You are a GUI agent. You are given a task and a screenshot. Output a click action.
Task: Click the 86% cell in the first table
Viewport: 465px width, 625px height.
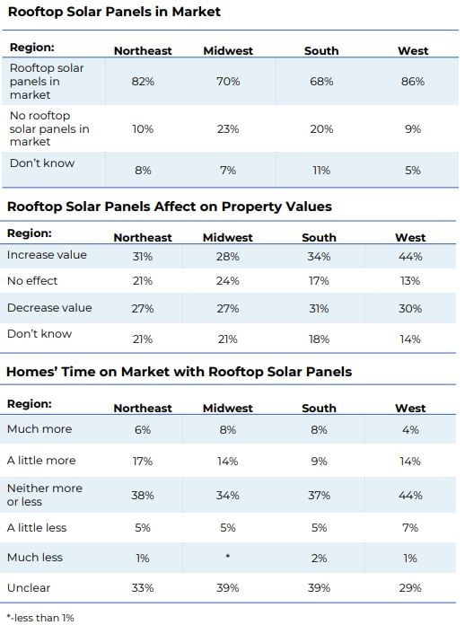coord(413,82)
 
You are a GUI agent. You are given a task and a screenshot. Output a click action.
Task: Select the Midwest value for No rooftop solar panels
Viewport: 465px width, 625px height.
coord(228,129)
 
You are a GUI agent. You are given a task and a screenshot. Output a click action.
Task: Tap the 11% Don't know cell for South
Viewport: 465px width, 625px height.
coord(321,171)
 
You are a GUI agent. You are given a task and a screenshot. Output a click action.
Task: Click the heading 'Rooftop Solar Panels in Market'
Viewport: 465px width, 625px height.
coord(114,12)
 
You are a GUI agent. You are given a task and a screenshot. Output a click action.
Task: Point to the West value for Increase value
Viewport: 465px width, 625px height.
coord(410,256)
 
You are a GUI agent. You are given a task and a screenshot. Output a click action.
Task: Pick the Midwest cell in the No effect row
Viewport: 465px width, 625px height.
coord(227,281)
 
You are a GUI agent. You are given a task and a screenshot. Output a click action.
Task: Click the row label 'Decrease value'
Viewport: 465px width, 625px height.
coord(49,308)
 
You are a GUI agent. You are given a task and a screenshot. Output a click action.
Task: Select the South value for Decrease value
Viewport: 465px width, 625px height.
coord(319,309)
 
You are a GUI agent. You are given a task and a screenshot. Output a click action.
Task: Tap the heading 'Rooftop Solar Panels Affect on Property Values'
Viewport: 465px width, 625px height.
coord(170,207)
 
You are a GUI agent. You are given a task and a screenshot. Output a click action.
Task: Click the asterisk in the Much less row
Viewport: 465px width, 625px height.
coord(227,556)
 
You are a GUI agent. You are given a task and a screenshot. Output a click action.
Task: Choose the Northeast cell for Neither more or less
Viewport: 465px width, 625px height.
coord(142,496)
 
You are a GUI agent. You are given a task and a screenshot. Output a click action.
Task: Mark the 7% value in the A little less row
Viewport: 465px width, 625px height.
coord(410,528)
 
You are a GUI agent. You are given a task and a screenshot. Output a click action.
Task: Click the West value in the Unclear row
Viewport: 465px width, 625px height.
coord(410,588)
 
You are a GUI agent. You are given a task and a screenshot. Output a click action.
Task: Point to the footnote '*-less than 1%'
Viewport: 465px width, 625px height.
coord(40,618)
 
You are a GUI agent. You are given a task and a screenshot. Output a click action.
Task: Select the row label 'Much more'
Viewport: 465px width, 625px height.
coord(39,429)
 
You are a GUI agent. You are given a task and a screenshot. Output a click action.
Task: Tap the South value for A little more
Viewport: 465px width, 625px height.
coord(319,462)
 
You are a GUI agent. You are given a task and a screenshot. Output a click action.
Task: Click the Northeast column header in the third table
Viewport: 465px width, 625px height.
coord(143,409)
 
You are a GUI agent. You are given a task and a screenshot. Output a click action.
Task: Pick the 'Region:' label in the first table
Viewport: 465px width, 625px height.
coord(32,48)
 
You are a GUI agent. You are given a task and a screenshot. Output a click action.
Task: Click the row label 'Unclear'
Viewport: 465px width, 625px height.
coord(29,587)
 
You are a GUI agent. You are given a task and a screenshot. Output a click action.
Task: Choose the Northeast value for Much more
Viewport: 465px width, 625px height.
coord(142,430)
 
